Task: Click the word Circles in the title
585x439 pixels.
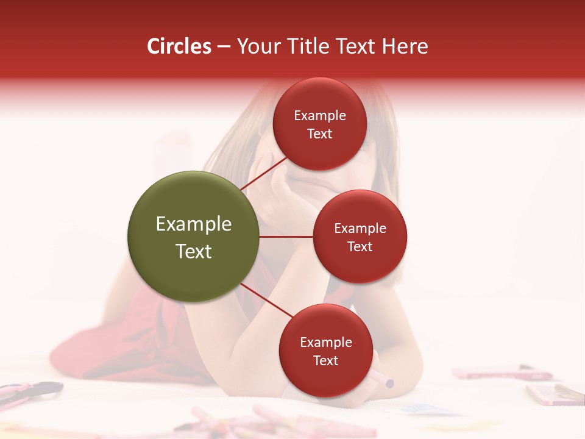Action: point(179,46)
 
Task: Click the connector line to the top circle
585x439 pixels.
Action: point(264,173)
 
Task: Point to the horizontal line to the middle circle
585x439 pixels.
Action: point(286,237)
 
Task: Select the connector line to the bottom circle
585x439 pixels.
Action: point(267,300)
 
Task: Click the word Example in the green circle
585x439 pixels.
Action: point(194,224)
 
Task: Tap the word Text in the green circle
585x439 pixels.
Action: point(194,251)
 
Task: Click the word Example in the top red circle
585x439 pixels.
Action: point(320,116)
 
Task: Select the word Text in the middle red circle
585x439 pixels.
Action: point(360,246)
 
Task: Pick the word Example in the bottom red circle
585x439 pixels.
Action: point(326,342)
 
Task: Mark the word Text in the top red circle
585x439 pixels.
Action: point(320,134)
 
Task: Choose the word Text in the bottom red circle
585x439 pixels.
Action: point(326,360)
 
